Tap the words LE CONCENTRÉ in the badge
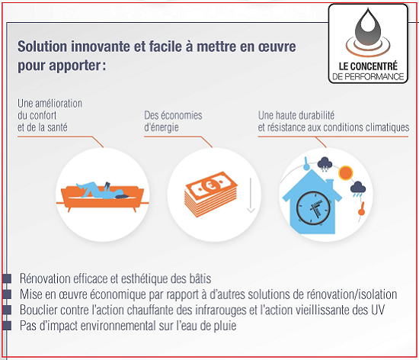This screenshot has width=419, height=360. [x=368, y=66]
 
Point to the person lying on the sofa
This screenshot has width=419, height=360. [x=102, y=191]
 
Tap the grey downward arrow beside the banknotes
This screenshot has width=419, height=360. [x=251, y=195]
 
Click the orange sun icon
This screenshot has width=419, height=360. [x=346, y=172]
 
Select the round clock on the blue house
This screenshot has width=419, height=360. [x=313, y=207]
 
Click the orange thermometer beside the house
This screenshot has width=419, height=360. [x=362, y=209]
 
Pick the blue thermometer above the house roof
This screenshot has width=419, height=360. [x=306, y=163]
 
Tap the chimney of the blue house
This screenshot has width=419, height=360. [x=330, y=184]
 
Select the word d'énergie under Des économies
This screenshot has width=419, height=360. [x=162, y=127]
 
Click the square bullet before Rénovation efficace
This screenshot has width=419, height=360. [x=7, y=278]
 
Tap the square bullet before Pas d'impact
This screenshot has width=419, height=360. [x=7, y=326]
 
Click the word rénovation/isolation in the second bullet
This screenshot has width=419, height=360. [x=352, y=294]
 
